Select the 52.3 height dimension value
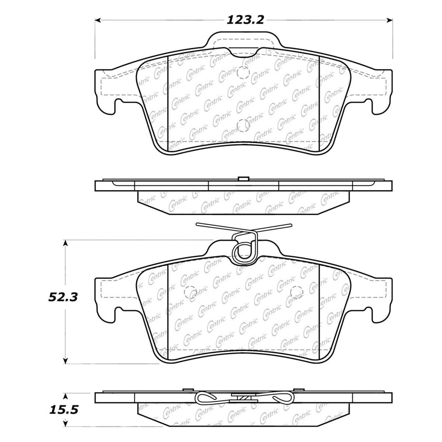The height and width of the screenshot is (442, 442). (x=63, y=297)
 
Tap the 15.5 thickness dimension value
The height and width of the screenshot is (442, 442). (x=63, y=409)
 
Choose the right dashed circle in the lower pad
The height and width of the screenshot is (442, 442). (x=296, y=292)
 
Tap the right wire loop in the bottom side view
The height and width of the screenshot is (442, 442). (x=282, y=398)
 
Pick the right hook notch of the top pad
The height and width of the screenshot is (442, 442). (x=368, y=107)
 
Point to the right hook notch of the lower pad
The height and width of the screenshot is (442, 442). (x=368, y=313)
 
